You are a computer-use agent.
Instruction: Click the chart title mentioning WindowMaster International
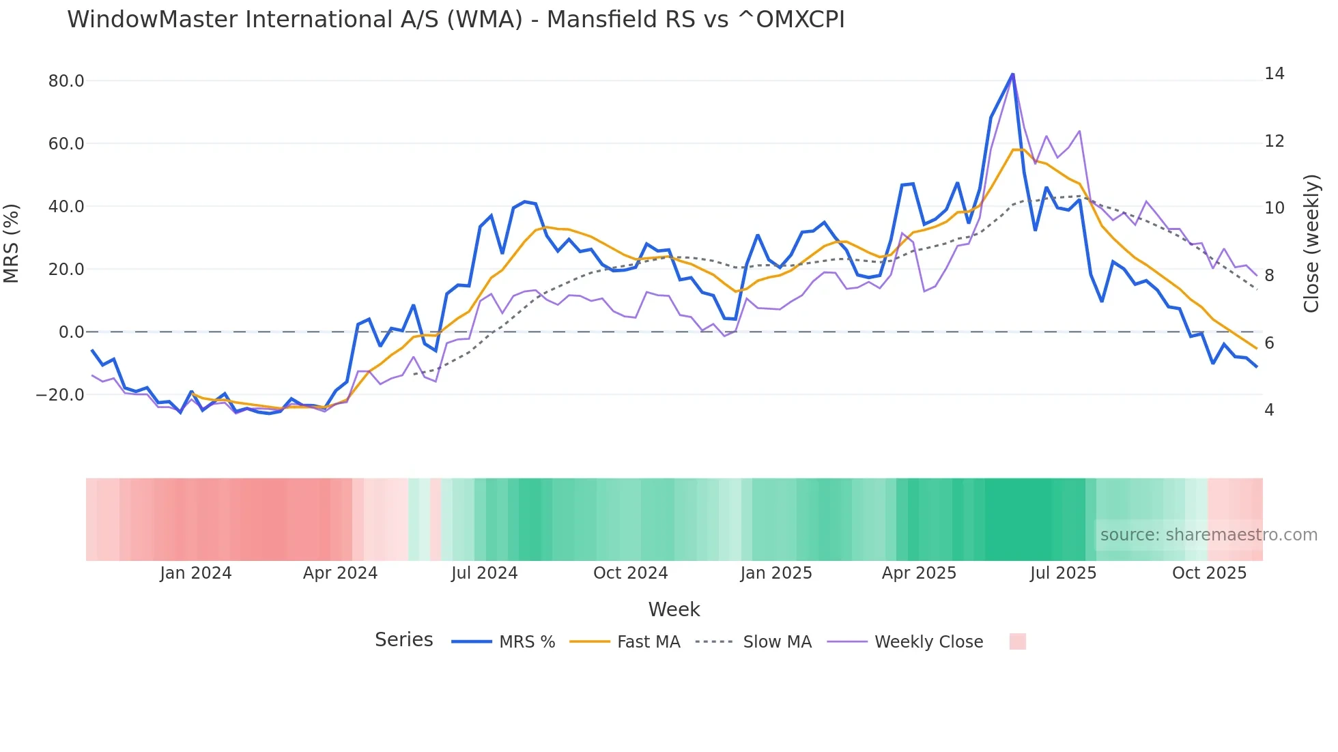click(455, 20)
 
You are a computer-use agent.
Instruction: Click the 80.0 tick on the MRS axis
click(66, 81)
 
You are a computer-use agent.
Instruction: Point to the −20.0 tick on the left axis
click(60, 395)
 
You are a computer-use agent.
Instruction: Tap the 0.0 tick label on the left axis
click(71, 332)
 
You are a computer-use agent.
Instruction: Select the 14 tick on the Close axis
click(1274, 74)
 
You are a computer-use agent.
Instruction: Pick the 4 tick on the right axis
click(1269, 410)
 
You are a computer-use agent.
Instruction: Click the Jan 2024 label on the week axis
click(196, 573)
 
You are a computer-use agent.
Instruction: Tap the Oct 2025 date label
click(1209, 573)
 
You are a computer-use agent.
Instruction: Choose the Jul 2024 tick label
click(484, 573)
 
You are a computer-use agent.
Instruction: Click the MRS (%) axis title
click(12, 243)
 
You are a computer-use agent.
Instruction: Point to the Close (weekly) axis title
click(1311, 243)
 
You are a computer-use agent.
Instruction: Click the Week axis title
click(674, 609)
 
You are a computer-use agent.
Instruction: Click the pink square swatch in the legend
click(1017, 641)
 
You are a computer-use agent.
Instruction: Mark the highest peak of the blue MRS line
click(1012, 74)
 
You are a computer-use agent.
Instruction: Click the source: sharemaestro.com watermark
click(1208, 535)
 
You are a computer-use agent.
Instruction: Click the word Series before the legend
click(403, 640)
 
